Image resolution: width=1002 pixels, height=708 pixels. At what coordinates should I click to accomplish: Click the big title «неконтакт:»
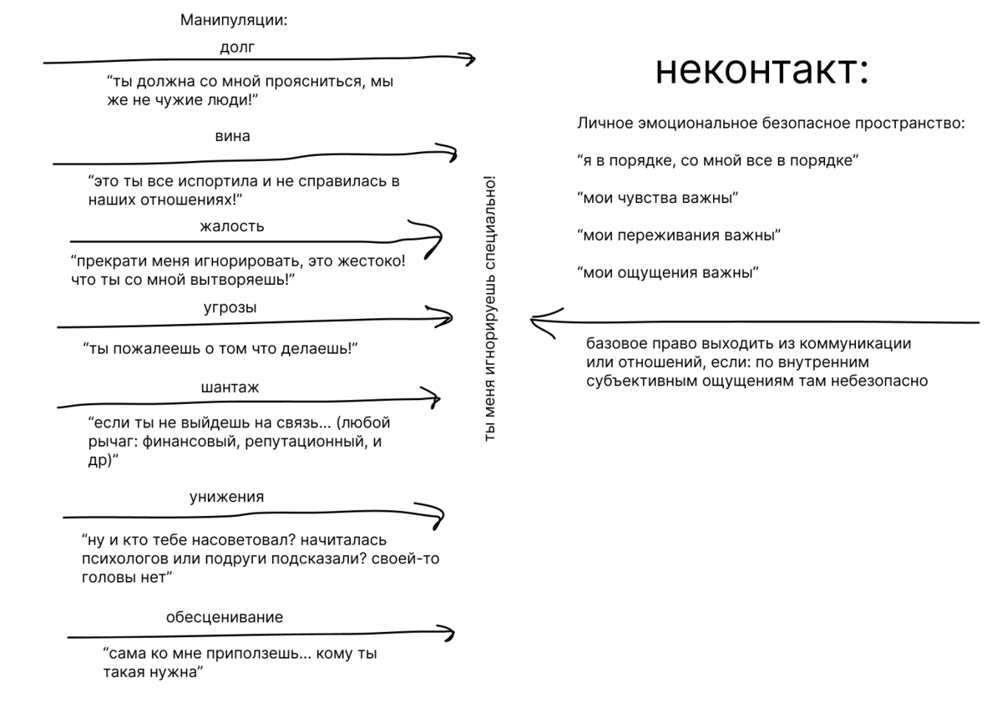762,70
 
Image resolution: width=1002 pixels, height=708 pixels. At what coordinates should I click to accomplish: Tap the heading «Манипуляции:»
234,20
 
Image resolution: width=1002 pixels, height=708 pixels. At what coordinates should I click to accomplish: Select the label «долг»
236,48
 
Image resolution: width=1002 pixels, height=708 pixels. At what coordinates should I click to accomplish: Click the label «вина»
232,136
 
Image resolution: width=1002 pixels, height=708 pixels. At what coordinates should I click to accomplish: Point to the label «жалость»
232,226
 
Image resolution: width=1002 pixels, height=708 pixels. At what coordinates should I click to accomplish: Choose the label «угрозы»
230,307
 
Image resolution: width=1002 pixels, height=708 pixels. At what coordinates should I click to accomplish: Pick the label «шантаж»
230,388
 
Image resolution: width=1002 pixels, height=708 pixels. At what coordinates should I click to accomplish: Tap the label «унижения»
226,497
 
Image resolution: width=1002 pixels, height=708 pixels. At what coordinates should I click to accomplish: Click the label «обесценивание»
225,618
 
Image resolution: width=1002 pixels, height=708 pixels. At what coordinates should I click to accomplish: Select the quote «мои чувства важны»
658,198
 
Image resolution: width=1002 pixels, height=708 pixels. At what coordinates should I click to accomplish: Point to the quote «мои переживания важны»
679,235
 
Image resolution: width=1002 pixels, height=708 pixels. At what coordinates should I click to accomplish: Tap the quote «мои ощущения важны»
668,272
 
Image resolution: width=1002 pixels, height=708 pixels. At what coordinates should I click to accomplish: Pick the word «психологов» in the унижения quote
124,559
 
